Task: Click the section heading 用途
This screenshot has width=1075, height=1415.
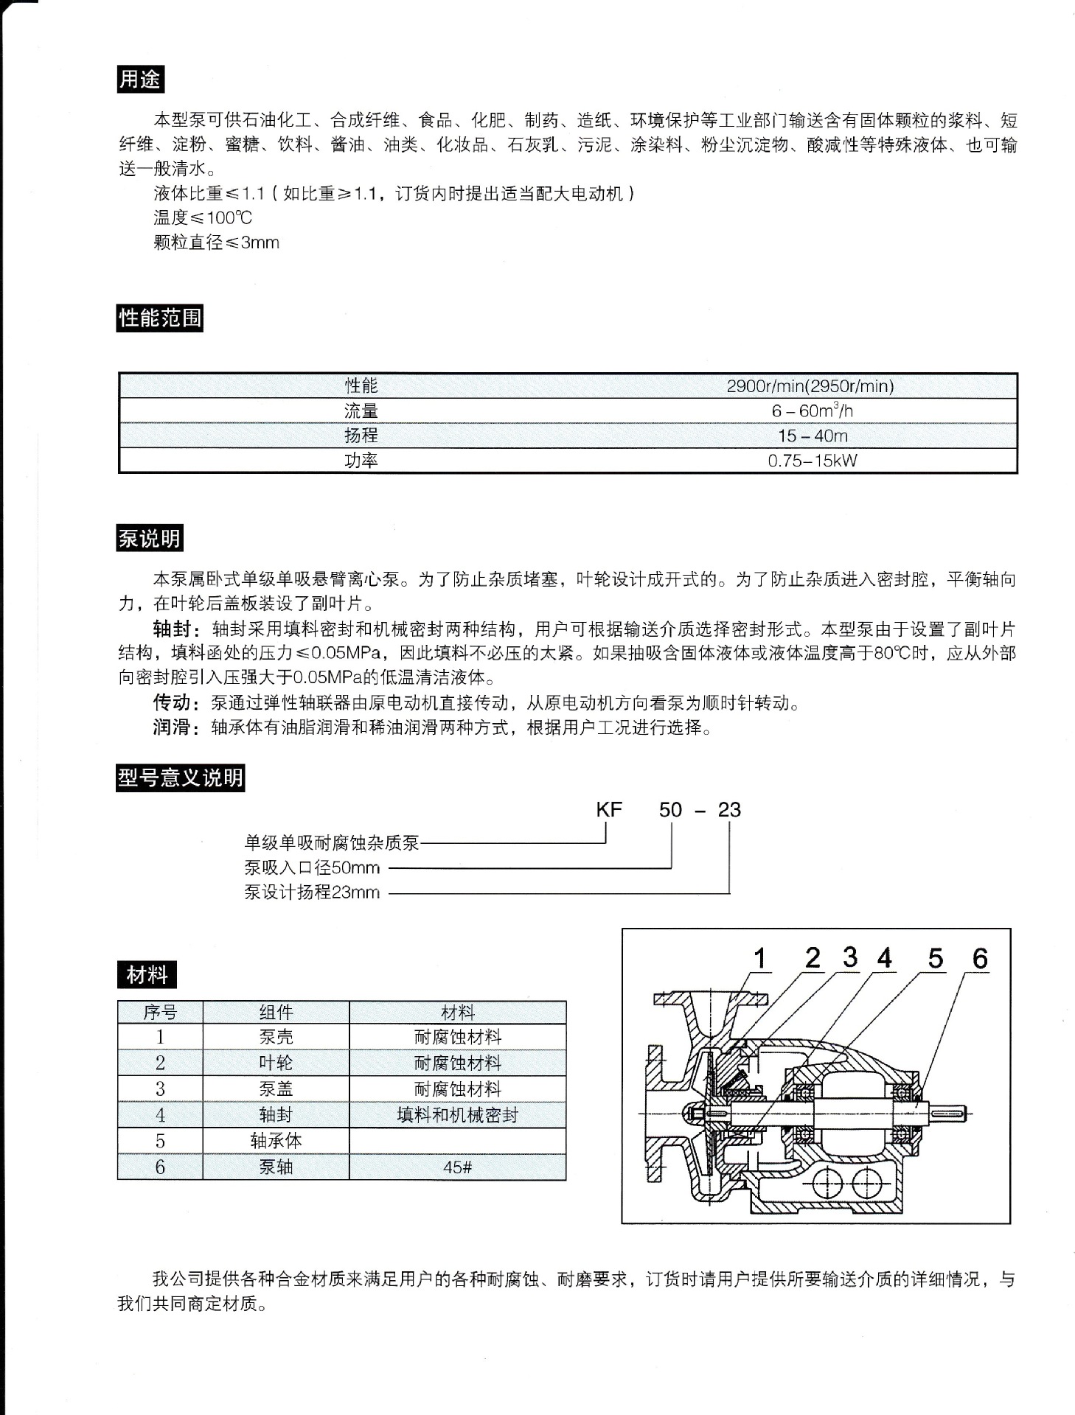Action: pos(139,79)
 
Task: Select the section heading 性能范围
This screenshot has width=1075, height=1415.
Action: pos(159,318)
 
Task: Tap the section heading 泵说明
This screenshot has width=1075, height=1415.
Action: pos(149,539)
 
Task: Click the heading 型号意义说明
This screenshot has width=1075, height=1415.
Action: pos(180,778)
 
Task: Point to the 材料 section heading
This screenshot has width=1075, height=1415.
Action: pos(147,975)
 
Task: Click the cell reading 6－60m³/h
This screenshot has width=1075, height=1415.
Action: pos(812,410)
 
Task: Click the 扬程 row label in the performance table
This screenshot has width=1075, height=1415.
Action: pos(361,436)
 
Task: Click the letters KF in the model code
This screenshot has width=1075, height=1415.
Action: pos(609,810)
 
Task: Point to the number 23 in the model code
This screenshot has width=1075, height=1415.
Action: pos(728,810)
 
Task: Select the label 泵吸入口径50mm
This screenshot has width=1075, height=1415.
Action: pos(312,867)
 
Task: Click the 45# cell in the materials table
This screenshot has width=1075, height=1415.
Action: pos(457,1167)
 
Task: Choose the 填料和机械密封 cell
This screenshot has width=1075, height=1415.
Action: pos(457,1115)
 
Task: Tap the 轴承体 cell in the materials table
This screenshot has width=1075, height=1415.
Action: pos(276,1141)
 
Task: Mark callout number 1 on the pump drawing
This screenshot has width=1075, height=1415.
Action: pos(760,959)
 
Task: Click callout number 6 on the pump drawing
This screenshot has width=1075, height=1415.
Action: pos(979,958)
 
